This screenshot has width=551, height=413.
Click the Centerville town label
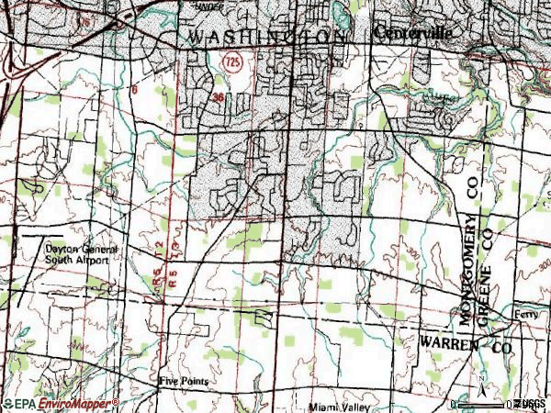point(414,32)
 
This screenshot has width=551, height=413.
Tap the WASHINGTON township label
point(265,37)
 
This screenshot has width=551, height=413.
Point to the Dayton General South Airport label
point(78,254)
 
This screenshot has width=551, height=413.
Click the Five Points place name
point(183,380)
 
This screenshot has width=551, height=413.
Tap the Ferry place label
point(524,312)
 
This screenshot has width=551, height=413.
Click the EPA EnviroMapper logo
point(61,404)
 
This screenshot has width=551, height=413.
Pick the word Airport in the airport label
point(93,261)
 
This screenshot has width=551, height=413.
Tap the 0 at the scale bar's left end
point(456,404)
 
